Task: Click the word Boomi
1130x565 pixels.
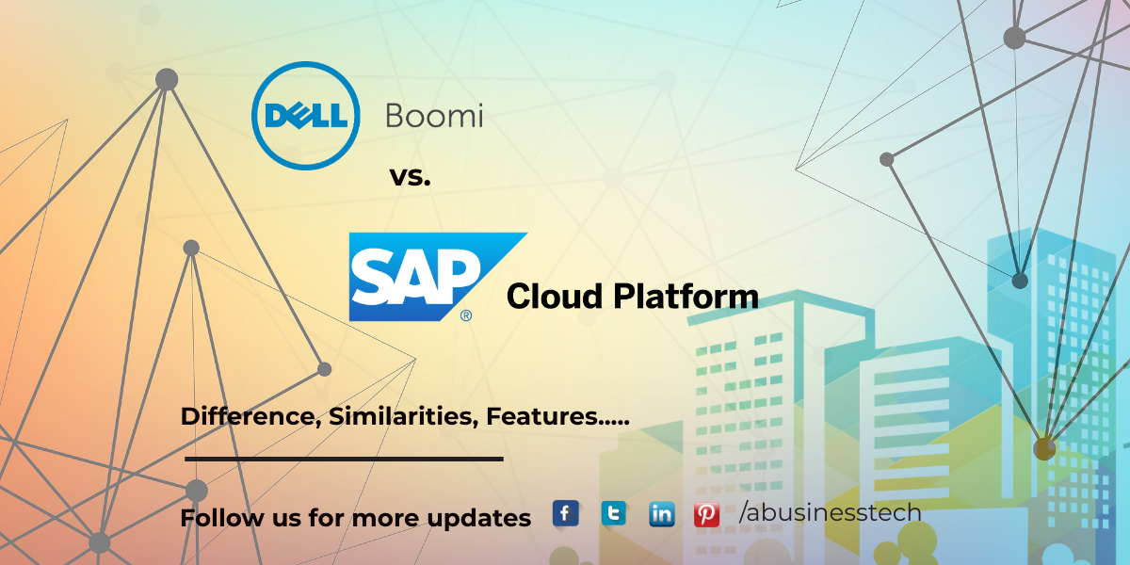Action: pyautogui.click(x=434, y=116)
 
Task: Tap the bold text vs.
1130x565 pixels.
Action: pyautogui.click(x=411, y=178)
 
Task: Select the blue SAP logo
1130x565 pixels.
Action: pyautogui.click(x=438, y=277)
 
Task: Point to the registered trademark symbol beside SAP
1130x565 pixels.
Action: pyautogui.click(x=466, y=315)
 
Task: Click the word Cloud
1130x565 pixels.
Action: pyautogui.click(x=555, y=296)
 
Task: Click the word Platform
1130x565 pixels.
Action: pyautogui.click(x=686, y=296)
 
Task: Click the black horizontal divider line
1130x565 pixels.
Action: pyautogui.click(x=344, y=460)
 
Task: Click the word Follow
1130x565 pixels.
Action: pyautogui.click(x=222, y=518)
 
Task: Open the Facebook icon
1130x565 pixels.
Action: pyautogui.click(x=566, y=513)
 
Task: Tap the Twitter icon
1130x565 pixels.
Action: pyautogui.click(x=614, y=513)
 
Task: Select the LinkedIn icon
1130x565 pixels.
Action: pyautogui.click(x=662, y=514)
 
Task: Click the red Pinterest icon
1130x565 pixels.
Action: pyautogui.click(x=706, y=514)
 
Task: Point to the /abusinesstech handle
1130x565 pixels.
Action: pyautogui.click(x=830, y=512)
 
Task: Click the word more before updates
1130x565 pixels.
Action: pyautogui.click(x=385, y=520)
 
